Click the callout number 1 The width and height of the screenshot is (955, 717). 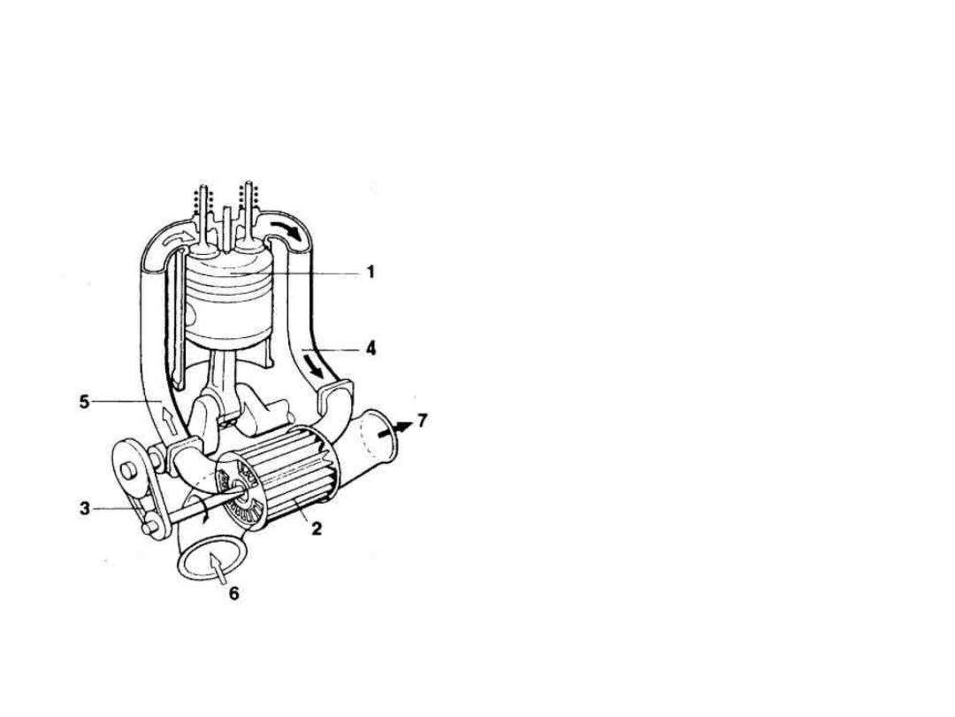click(371, 272)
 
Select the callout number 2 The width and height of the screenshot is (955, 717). click(316, 528)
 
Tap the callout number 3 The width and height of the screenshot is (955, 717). click(85, 508)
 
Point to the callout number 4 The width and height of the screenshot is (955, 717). click(371, 349)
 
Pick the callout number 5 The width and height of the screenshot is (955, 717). click(85, 402)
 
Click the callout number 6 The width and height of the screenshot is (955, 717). click(233, 592)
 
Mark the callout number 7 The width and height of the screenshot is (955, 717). click(422, 420)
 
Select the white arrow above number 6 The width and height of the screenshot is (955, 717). click(218, 567)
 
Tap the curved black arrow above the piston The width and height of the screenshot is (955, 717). click(286, 229)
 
